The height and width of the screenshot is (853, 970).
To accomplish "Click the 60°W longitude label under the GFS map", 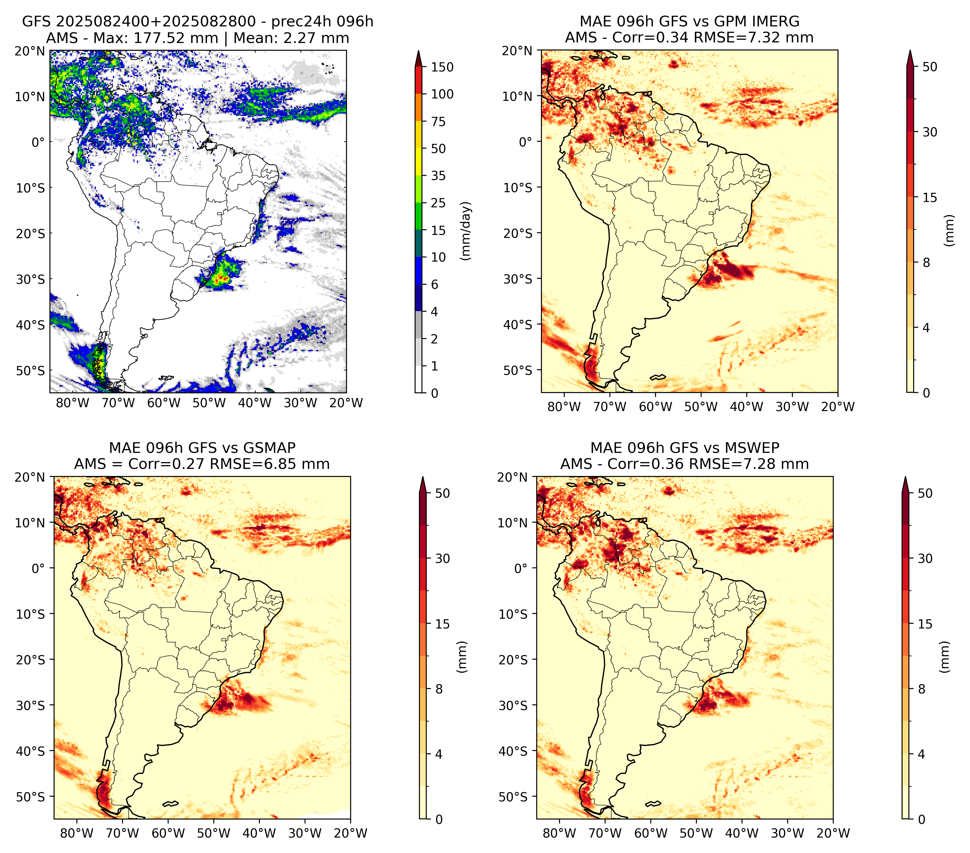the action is tap(164, 403).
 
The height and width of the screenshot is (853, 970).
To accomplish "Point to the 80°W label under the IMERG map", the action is tap(564, 407).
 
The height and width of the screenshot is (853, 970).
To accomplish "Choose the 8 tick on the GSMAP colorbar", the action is tap(438, 689).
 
